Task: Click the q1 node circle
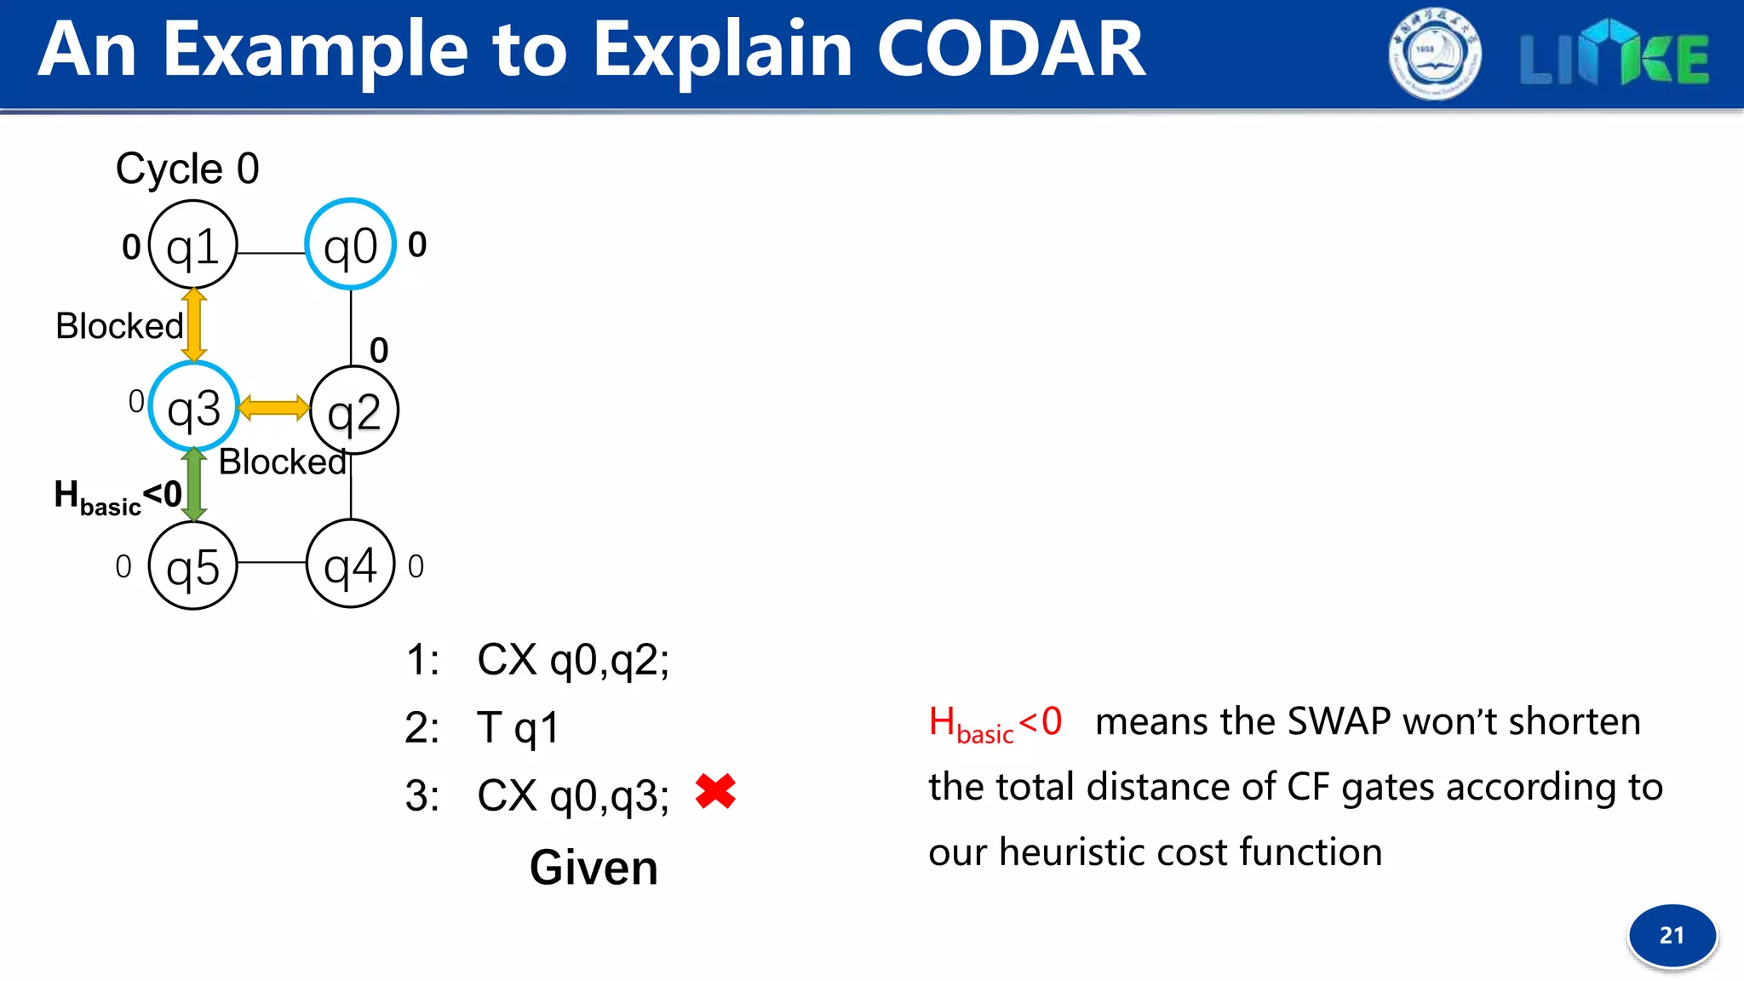coord(193,245)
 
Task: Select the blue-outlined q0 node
coord(351,245)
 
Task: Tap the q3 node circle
coord(193,408)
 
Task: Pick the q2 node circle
coord(354,410)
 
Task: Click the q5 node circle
coord(193,565)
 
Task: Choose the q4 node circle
coord(351,564)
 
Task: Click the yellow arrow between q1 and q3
coord(194,324)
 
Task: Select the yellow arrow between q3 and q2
coord(273,408)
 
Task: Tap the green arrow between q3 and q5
coord(194,485)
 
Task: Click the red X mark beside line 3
coord(715,791)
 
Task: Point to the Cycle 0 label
coord(187,169)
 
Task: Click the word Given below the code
coord(594,868)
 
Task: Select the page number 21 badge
coord(1672,935)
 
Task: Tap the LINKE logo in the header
coord(1615,56)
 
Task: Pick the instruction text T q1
coord(518,728)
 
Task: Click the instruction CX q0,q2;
coord(573,660)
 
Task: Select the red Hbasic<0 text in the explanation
coord(995,723)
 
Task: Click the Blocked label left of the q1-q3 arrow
coord(119,326)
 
